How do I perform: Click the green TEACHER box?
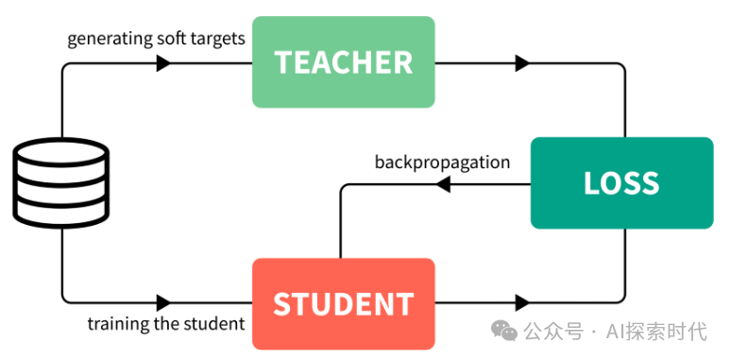pos(344,62)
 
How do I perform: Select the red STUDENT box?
pos(344,303)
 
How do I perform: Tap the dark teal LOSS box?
pos(622,183)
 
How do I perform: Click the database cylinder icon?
pos(61,183)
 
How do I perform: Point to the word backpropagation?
pos(442,163)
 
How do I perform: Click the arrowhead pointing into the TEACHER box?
pos(163,63)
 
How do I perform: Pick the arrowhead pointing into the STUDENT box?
pos(163,303)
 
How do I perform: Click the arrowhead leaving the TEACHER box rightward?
pos(522,63)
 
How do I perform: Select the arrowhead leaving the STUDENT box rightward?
pos(522,303)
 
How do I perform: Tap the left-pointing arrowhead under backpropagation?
pos(443,184)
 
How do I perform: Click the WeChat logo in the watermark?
pos(504,330)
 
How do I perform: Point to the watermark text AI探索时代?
pos(656,332)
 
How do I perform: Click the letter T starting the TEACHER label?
pos(283,62)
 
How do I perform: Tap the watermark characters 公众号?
pos(553,332)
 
